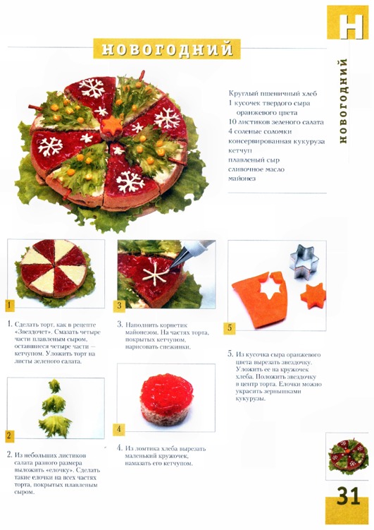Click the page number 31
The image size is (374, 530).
349,497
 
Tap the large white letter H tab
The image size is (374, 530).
350,26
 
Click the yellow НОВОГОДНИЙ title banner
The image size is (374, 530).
167,49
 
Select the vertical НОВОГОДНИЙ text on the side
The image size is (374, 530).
342,101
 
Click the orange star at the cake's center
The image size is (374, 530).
111,126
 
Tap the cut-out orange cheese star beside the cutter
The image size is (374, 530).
313,296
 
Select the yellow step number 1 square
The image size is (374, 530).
9,305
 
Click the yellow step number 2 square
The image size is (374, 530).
9,436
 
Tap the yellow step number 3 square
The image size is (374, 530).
119,306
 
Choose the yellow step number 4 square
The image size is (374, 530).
119,429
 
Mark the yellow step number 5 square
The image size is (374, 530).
230,328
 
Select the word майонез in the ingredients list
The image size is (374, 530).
242,178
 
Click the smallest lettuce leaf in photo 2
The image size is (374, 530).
55,386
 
